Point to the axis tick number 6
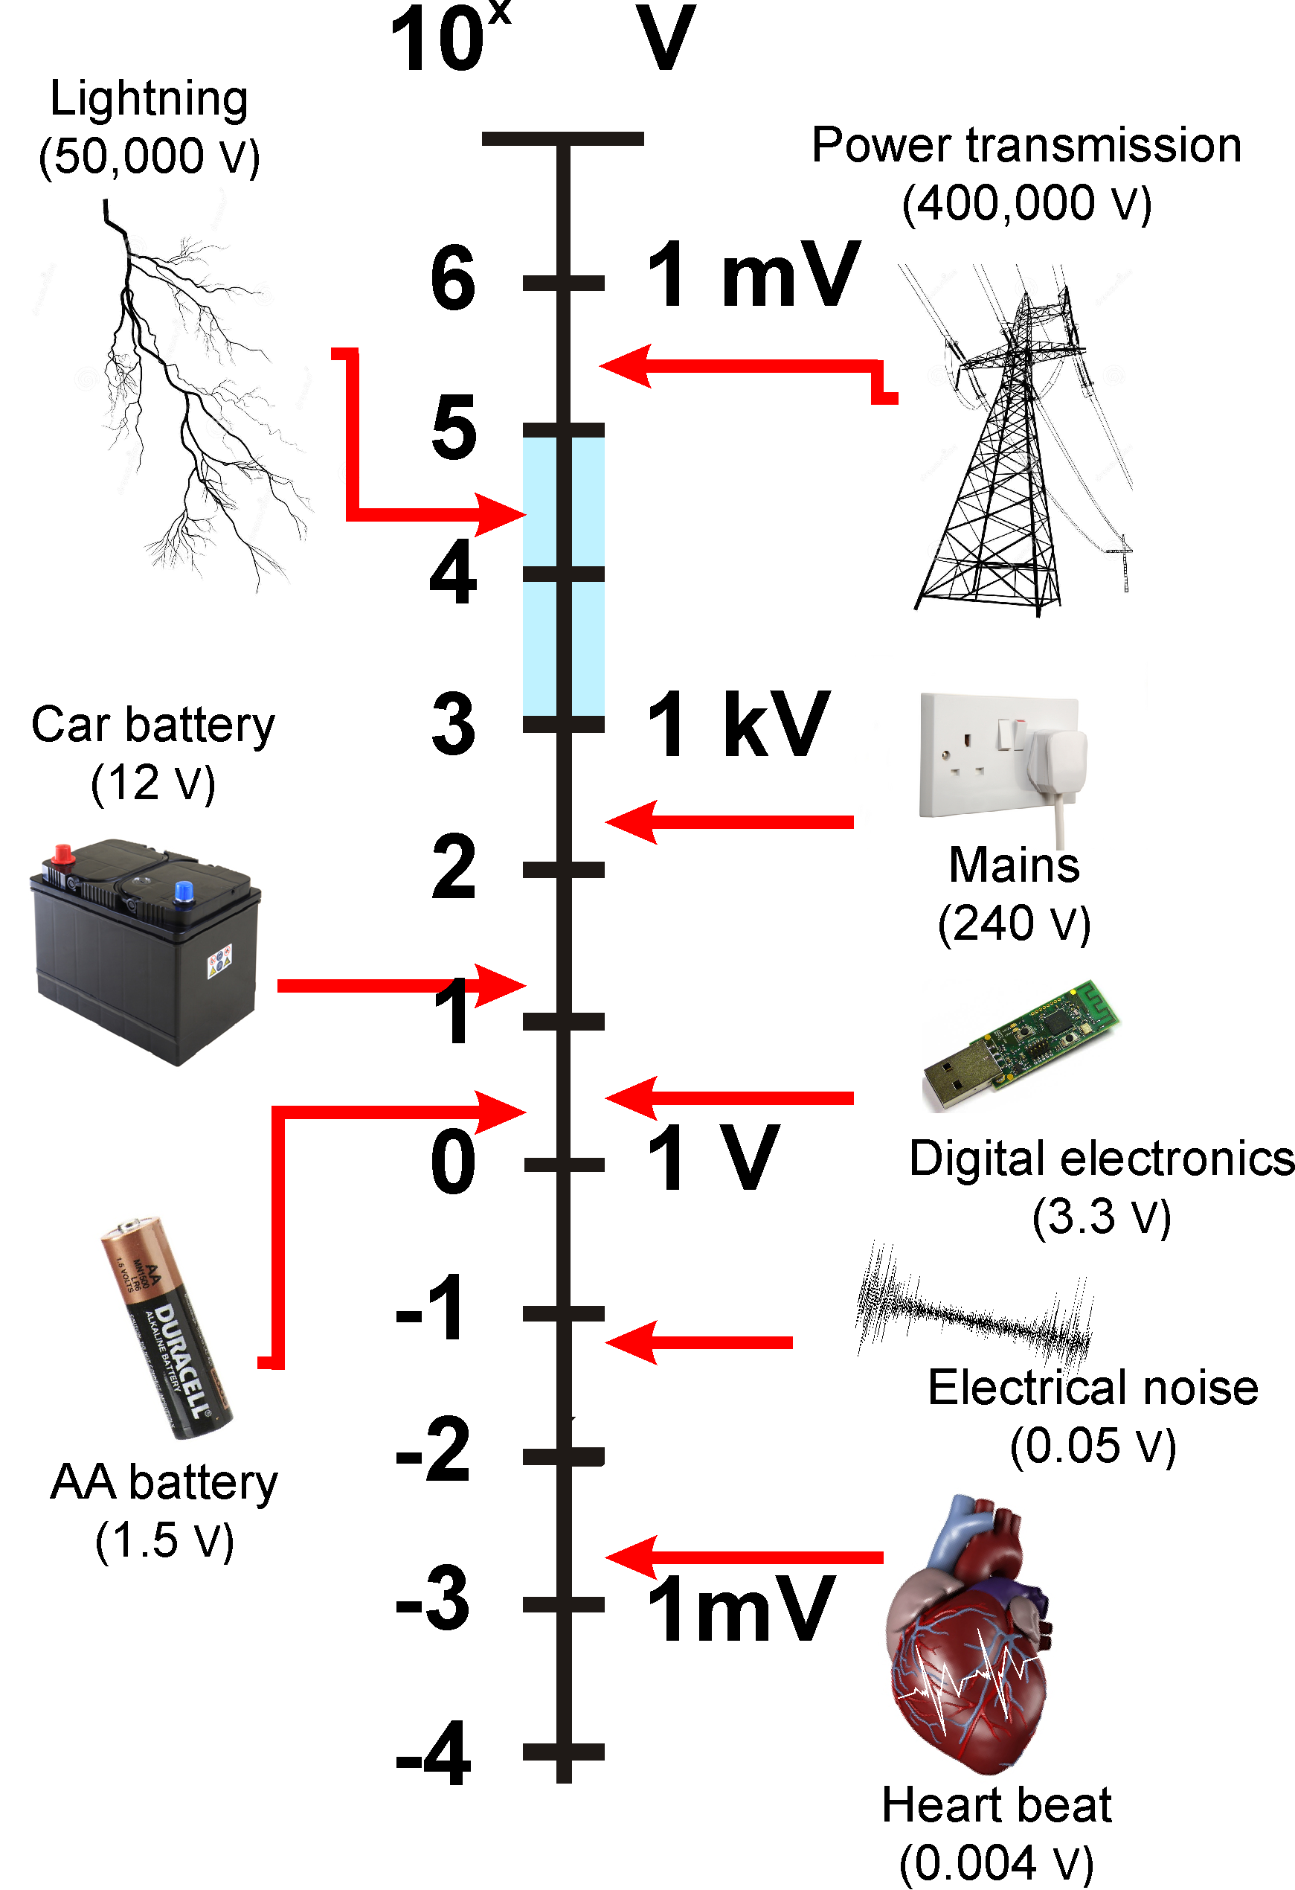pyautogui.click(x=453, y=278)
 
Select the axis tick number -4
pyautogui.click(x=434, y=1755)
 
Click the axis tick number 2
pyautogui.click(x=453, y=868)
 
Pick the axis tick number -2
pyautogui.click(x=434, y=1452)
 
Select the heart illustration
pyautogui.click(x=968, y=1635)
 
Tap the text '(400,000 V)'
pyautogui.click(x=1026, y=203)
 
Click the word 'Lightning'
pyautogui.click(x=149, y=99)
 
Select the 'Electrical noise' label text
pyautogui.click(x=1093, y=1388)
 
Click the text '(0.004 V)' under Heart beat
pyautogui.click(x=996, y=1862)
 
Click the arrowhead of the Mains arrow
pyautogui.click(x=630, y=822)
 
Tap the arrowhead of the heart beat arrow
pyautogui.click(x=630, y=1557)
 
